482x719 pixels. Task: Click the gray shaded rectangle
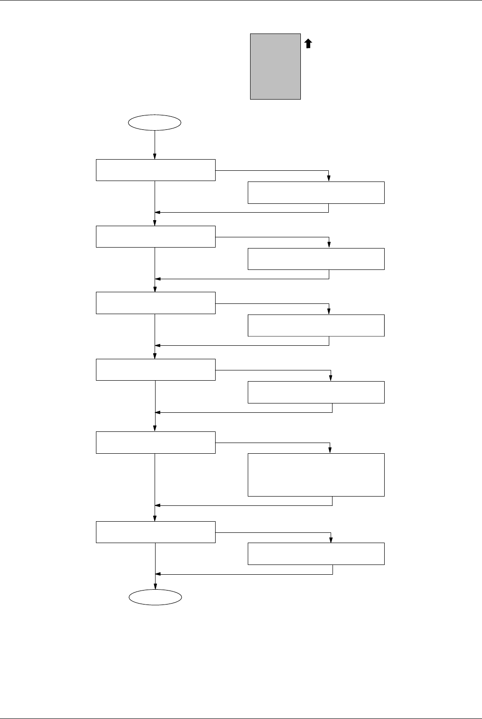[x=275, y=66]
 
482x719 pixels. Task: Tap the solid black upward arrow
[x=308, y=44]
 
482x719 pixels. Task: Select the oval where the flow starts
[x=155, y=123]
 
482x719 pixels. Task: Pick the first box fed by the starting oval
[x=156, y=170]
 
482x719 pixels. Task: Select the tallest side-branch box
[x=316, y=475]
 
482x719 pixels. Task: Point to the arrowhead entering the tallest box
[x=330, y=450]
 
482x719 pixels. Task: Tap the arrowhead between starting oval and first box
[x=155, y=156]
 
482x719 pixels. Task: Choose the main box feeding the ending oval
[x=156, y=532]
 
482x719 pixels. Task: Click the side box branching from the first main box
[x=316, y=193]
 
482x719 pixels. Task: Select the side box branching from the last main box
[x=316, y=554]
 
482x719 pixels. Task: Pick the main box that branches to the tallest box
[x=156, y=442]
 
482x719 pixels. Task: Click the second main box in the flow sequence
[x=156, y=236]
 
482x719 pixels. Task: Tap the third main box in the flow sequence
[x=156, y=303]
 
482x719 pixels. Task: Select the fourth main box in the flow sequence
[x=156, y=370]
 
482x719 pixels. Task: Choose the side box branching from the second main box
[x=316, y=259]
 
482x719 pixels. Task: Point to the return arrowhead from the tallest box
[x=157, y=505]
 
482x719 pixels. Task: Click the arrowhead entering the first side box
[x=329, y=179]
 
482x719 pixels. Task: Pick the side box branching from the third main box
[x=316, y=325]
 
